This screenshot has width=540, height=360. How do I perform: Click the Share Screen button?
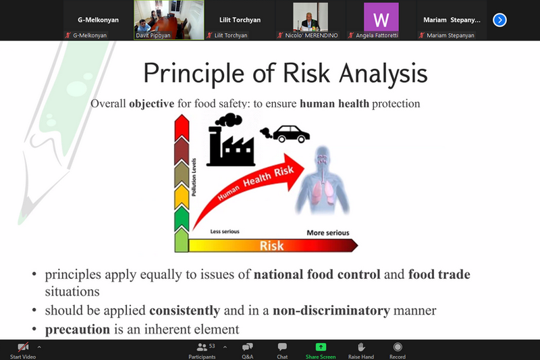pos(320,351)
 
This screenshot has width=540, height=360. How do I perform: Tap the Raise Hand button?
pos(361,351)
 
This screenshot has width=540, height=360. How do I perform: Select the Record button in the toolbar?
pos(398,351)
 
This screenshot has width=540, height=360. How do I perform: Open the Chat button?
pos(282,351)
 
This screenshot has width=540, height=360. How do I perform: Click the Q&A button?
pos(247,351)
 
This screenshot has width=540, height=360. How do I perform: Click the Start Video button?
pos(23,351)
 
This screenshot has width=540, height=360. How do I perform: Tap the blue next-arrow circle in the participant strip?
pos(500,20)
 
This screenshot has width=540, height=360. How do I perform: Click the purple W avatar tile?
pos(381,18)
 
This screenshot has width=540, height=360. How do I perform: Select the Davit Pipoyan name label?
pos(153,35)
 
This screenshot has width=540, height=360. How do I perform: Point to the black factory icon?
pos(230,140)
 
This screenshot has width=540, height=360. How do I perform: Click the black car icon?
pos(291,134)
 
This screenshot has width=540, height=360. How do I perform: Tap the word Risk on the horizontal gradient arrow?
pos(272,246)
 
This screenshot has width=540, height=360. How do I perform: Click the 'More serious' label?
pos(328,233)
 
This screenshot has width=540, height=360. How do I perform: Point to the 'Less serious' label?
pos(225,232)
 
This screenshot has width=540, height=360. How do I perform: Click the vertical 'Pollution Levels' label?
pos(194,177)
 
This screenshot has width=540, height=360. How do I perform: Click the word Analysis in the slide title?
pos(383,74)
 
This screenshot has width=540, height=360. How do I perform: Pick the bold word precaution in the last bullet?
pos(78,330)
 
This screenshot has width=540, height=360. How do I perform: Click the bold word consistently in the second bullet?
pos(184,311)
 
